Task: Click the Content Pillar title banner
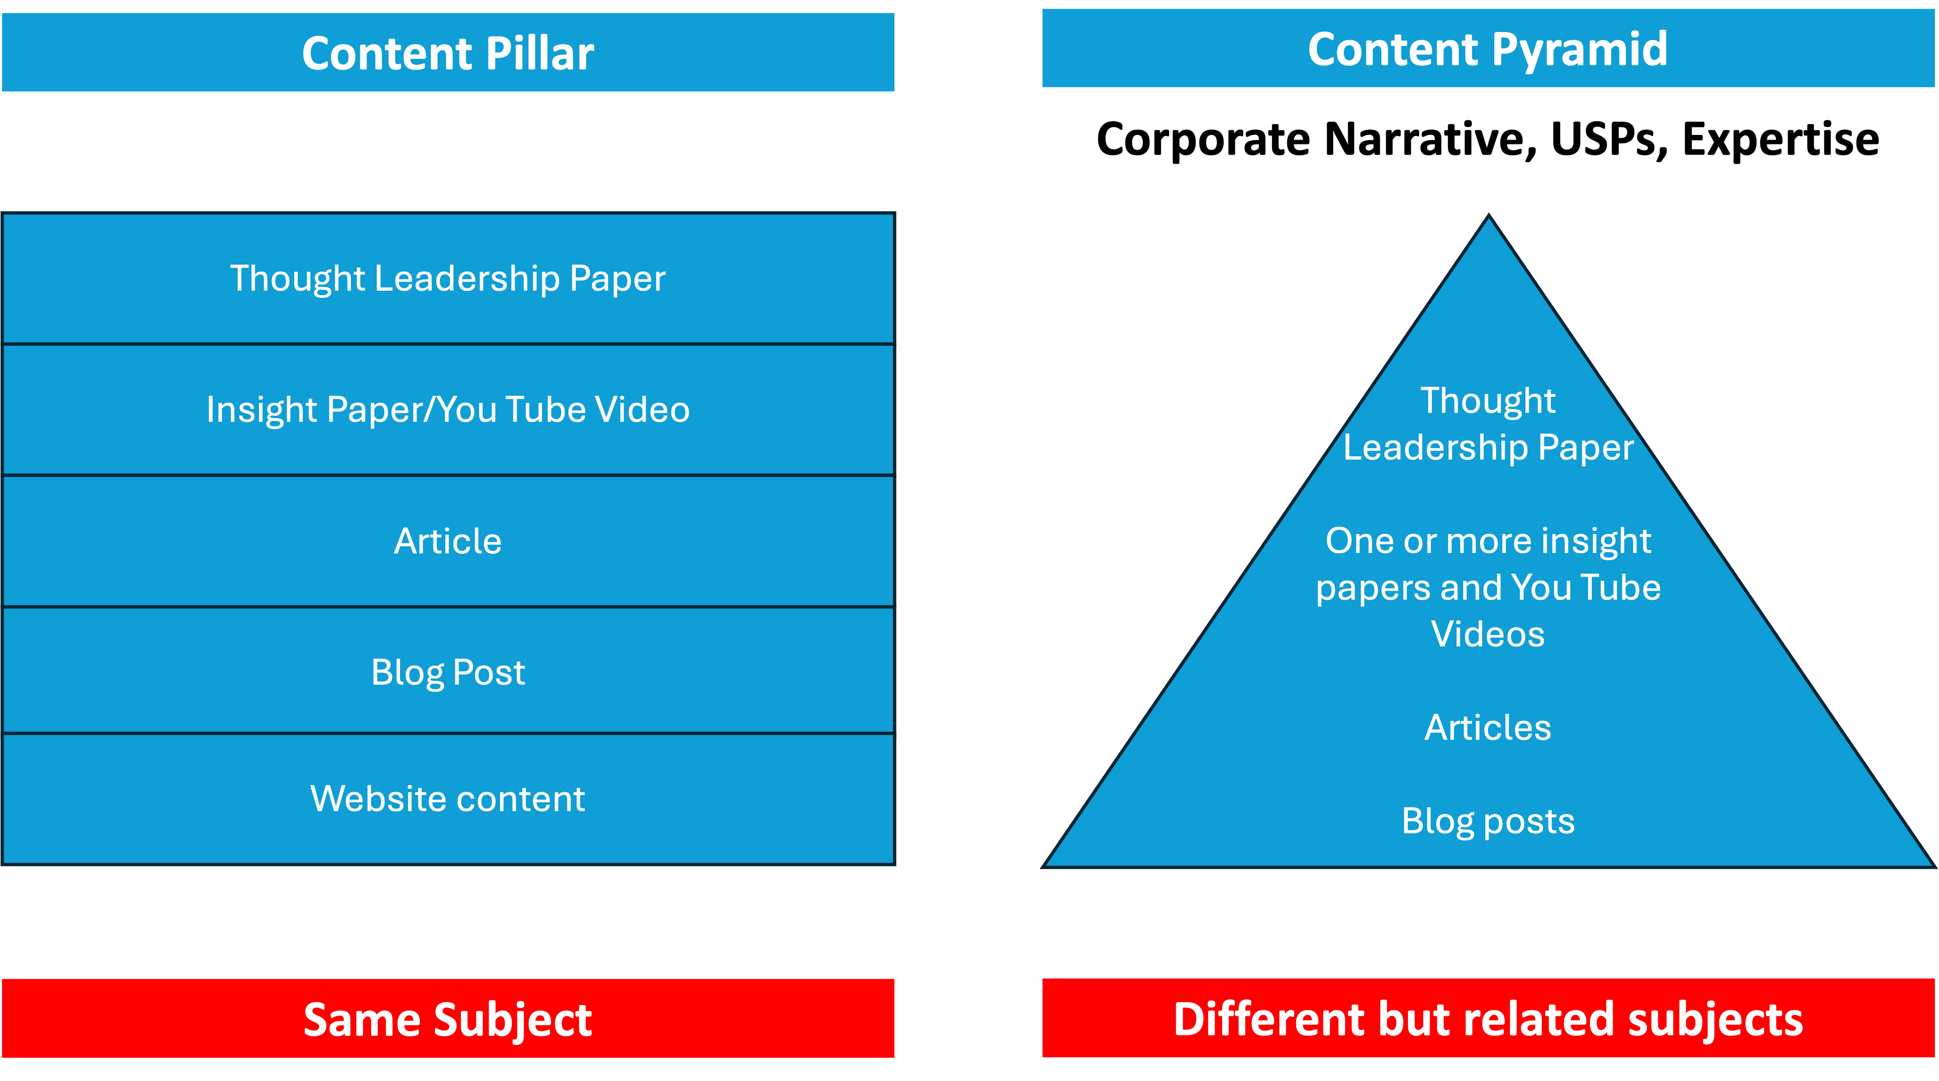448,53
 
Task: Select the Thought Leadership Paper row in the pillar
448,278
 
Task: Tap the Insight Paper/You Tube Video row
448,410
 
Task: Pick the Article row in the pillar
448,541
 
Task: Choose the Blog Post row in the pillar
448,671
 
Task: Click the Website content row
448,799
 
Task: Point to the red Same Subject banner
448,1019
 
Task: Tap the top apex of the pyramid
1488,226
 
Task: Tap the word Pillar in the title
539,54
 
